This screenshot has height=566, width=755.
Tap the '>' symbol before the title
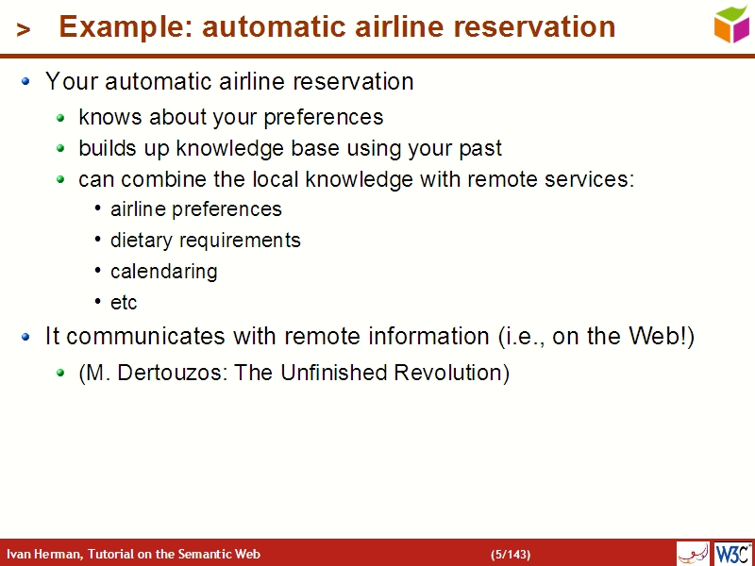(x=24, y=30)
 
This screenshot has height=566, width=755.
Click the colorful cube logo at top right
(x=731, y=24)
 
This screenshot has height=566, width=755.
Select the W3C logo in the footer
(x=732, y=553)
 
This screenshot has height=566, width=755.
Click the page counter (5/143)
(x=511, y=554)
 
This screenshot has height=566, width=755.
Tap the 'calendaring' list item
(x=163, y=271)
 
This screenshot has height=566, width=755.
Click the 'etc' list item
(x=124, y=302)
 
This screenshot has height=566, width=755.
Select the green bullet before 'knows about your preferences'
(x=60, y=119)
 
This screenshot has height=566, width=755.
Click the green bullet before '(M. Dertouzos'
(x=60, y=374)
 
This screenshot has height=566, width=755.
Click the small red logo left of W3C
(x=693, y=553)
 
